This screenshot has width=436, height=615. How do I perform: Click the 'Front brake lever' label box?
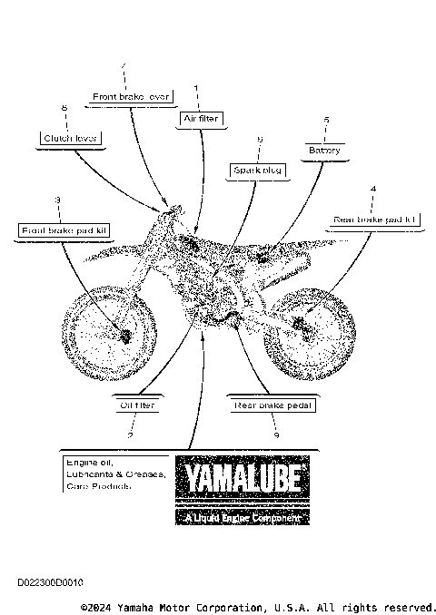[132, 95]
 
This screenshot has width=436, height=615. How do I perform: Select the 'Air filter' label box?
[199, 118]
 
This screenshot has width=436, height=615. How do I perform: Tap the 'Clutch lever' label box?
[70, 139]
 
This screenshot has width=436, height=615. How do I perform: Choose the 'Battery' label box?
[324, 150]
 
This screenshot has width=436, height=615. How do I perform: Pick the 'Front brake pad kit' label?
[64, 230]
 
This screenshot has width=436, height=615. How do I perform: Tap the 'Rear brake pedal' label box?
[273, 405]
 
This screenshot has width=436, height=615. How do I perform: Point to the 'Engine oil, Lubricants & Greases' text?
[114, 473]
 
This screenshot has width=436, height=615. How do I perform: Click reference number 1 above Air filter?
[196, 87]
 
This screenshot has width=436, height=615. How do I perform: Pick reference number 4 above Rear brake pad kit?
[373, 189]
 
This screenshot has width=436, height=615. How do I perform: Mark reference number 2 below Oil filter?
[132, 436]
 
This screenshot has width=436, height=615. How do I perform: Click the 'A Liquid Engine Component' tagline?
[242, 518]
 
